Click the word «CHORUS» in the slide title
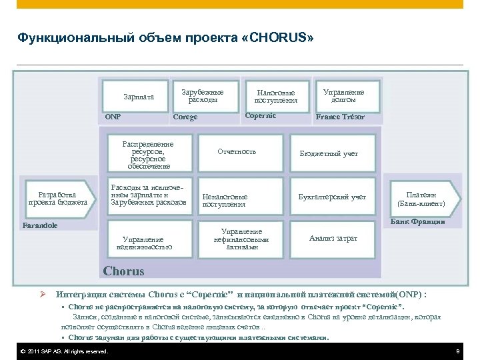point(282,38)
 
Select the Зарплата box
point(139,97)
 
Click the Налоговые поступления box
point(276,96)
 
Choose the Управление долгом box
point(343,95)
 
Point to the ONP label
point(113,117)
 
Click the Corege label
point(185,117)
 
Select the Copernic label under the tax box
point(261,116)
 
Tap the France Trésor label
point(341,117)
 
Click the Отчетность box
point(237,151)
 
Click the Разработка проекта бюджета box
point(57,198)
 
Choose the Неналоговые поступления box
point(227,201)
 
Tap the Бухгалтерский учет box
point(333,197)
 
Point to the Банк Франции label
point(417,221)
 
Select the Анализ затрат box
point(333,238)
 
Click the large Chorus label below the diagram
point(124,271)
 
